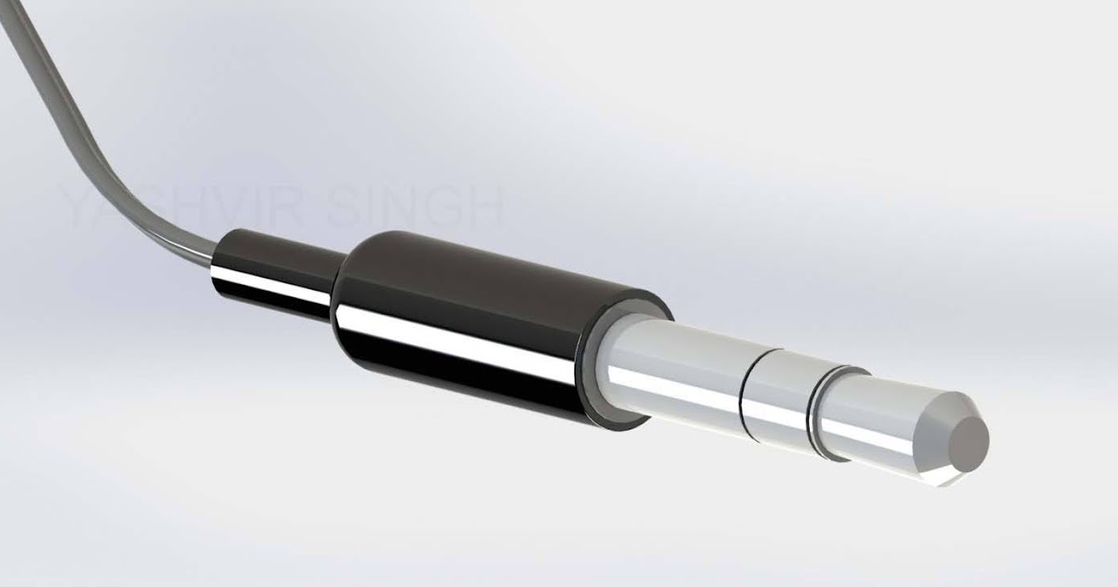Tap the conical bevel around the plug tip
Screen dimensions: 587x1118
pos(941,410)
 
